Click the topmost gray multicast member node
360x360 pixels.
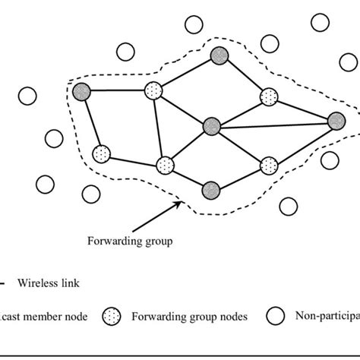click(219, 55)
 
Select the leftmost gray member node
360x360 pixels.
click(81, 93)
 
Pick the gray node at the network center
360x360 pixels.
click(212, 125)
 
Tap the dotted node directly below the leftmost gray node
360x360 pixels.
click(101, 154)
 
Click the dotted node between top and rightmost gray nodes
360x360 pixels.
click(268, 96)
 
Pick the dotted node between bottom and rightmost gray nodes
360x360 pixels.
click(268, 165)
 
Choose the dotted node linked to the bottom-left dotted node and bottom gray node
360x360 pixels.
click(165, 165)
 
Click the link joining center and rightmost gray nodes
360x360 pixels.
click(273, 122)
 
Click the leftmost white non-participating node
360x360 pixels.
click(27, 96)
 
